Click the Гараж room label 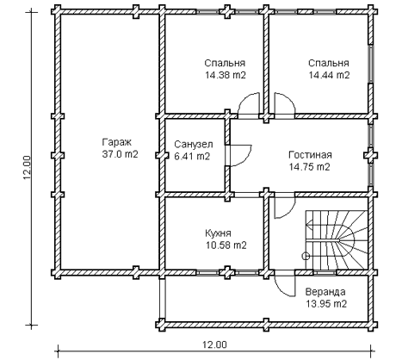(116, 142)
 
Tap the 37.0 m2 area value (120, 154)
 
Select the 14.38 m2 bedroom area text (226, 75)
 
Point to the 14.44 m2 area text (329, 75)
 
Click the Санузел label (194, 144)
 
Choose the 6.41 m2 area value (192, 157)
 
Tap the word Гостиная (310, 155)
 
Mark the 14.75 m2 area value (309, 167)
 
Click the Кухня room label (218, 233)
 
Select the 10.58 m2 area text (226, 245)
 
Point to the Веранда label (325, 292)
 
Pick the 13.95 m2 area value (326, 304)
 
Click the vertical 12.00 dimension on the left (28, 168)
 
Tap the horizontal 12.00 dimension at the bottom (214, 344)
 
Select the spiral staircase (337, 240)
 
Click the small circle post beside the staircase (306, 256)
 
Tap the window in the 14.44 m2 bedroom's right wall (371, 64)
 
